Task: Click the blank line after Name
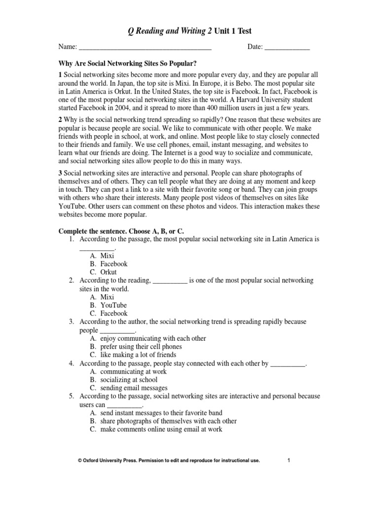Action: pyautogui.click(x=145, y=47)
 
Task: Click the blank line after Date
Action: pyautogui.click(x=287, y=47)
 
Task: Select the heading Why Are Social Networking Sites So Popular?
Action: pyautogui.click(x=128, y=64)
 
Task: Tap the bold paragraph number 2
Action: pyautogui.click(x=61, y=120)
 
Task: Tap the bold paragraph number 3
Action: pyautogui.click(x=61, y=174)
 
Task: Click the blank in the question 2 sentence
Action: pyautogui.click(x=170, y=281)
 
